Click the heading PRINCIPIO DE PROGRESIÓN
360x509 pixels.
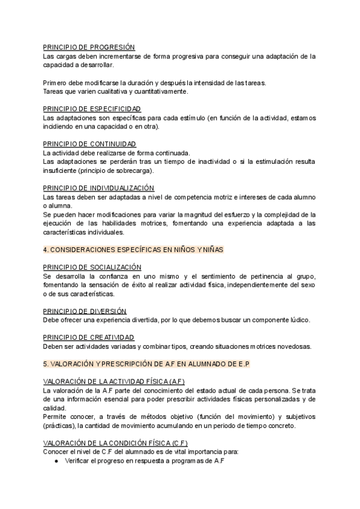pyautogui.click(x=89, y=47)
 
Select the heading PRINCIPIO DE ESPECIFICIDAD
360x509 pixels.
pyautogui.click(x=92, y=109)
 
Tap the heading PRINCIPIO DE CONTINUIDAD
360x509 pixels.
pyautogui.click(x=90, y=143)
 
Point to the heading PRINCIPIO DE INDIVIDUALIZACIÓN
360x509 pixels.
pyautogui.click(x=99, y=188)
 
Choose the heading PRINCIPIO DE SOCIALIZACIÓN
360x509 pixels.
pyautogui.click(x=92, y=267)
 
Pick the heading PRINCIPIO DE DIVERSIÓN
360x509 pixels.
pyautogui.click(x=85, y=311)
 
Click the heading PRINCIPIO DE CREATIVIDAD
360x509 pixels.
pyautogui.click(x=89, y=337)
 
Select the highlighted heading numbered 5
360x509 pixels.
pyautogui.click(x=146, y=364)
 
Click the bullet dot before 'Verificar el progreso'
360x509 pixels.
pyautogui.click(x=55, y=460)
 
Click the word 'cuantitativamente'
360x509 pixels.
pyautogui.click(x=159, y=91)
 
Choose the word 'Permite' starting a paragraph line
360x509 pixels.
pyautogui.click(x=56, y=416)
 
